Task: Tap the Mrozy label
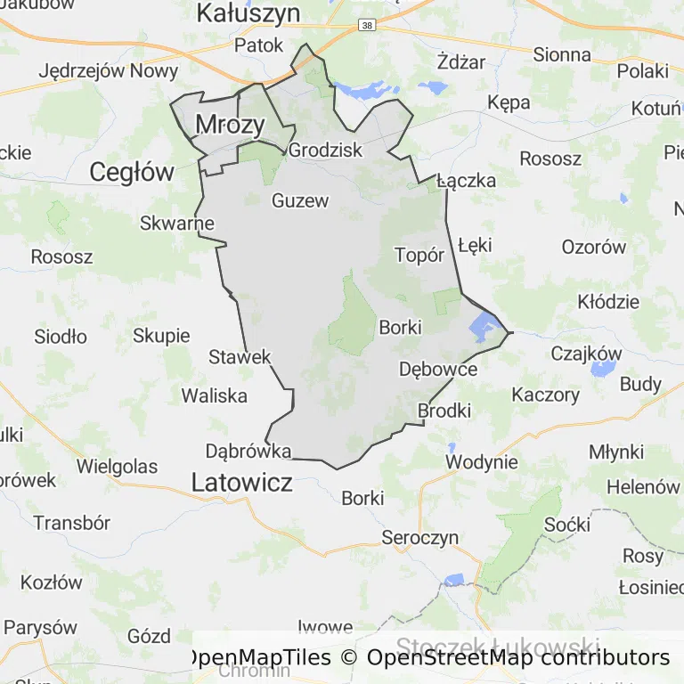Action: [x=230, y=125]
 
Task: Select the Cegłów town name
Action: [x=133, y=172]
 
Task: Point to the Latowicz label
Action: [x=241, y=483]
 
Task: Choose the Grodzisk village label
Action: [x=326, y=150]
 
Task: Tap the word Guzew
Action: [x=300, y=200]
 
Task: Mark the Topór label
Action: [x=419, y=256]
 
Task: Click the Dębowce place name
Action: [x=438, y=369]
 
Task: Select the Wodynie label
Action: [x=481, y=461]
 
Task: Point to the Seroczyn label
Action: [x=419, y=537]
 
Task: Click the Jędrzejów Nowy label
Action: [x=109, y=71]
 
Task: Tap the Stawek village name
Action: [x=240, y=357]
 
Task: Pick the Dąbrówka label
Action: [x=248, y=451]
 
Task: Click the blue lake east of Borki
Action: [x=484, y=326]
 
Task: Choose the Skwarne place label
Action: [x=177, y=224]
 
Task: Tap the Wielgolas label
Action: [x=117, y=466]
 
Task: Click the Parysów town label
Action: [x=40, y=626]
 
